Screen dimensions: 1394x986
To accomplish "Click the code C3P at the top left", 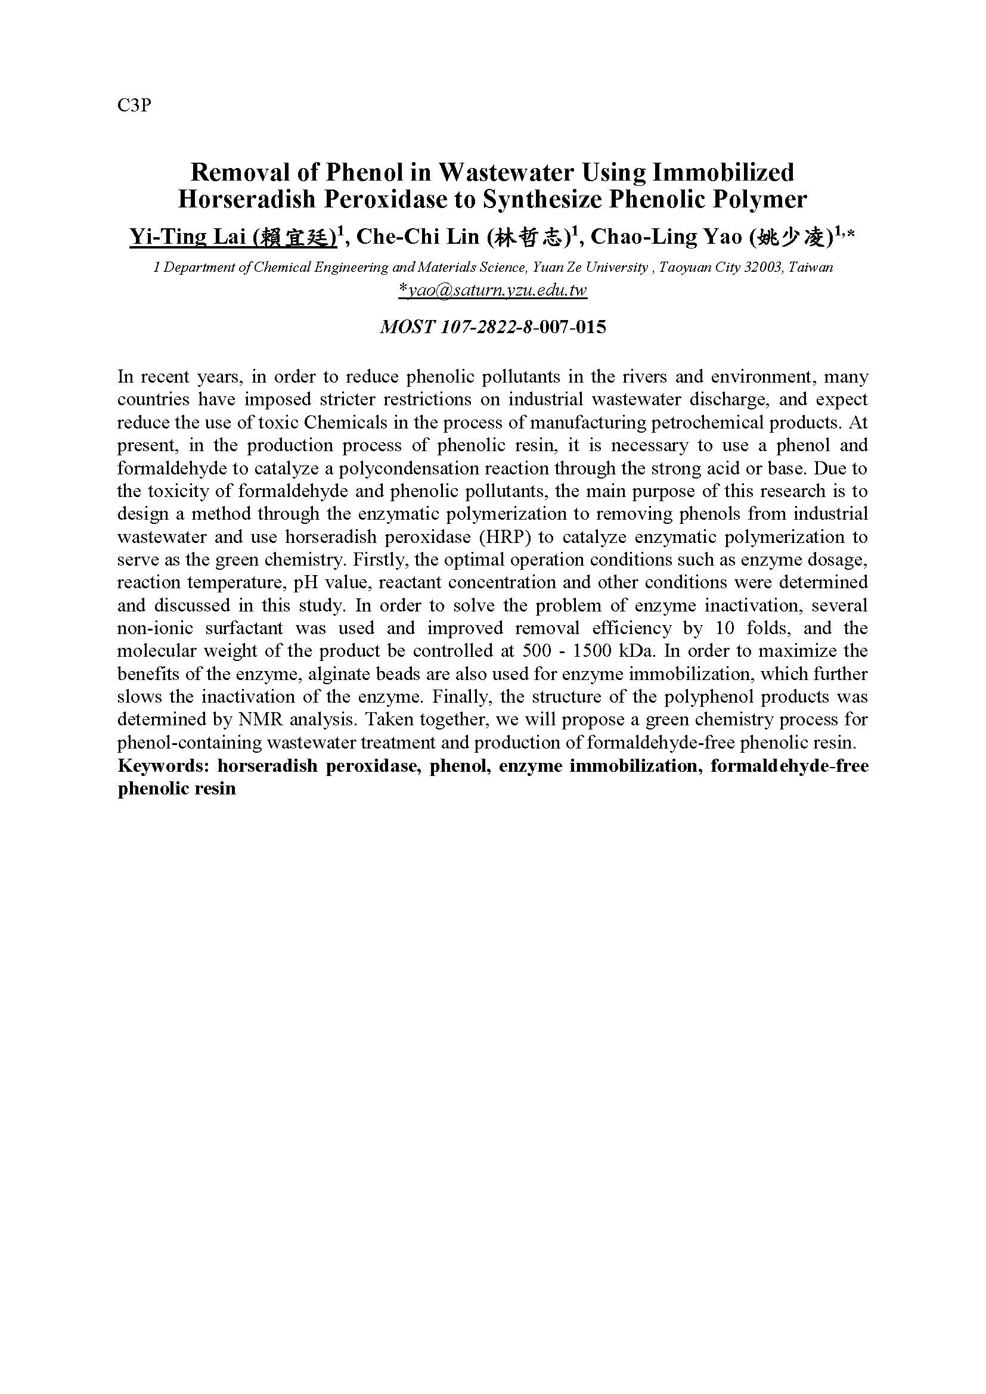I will (134, 105).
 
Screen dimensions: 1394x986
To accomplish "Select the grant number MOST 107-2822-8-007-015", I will (492, 327).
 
